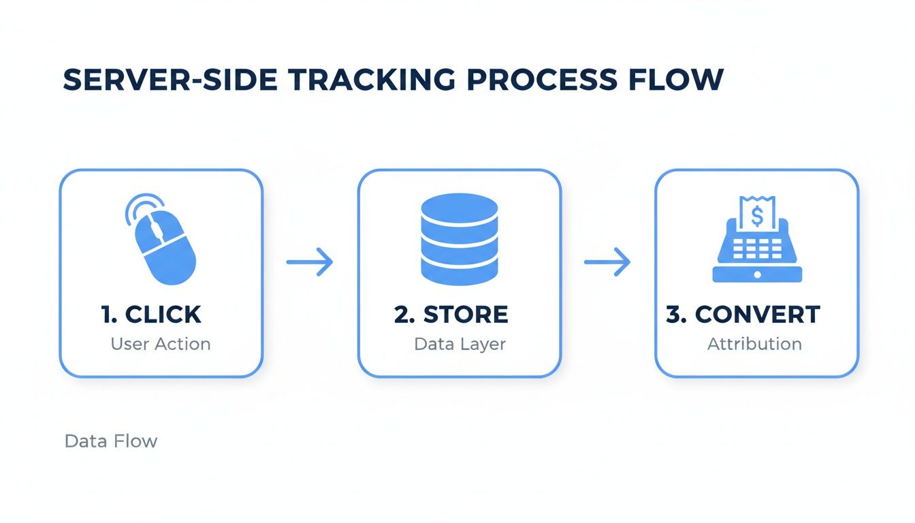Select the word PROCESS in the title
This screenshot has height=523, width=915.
[x=544, y=80]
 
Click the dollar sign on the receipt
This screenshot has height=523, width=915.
[x=756, y=216]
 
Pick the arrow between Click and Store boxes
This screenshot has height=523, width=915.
[x=310, y=261]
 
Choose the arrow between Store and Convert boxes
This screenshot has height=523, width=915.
[x=607, y=261]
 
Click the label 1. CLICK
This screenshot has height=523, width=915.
[x=151, y=315]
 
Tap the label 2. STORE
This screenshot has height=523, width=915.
[x=451, y=315]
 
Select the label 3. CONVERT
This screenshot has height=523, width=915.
[x=743, y=315]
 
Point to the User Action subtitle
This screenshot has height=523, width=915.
[x=161, y=344]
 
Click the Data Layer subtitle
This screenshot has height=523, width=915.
[x=460, y=344]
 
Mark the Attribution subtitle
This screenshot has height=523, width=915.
[x=754, y=344]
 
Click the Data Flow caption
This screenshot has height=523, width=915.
[x=111, y=441]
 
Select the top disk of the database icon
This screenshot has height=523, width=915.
[x=460, y=206]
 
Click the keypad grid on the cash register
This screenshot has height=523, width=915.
[x=757, y=250]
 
